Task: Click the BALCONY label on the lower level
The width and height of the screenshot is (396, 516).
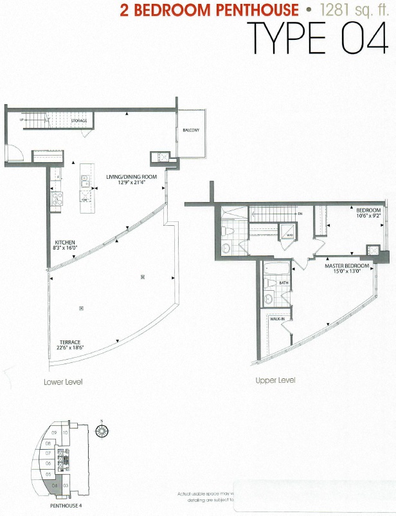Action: (x=190, y=130)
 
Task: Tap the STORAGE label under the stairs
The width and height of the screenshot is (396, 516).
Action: (x=79, y=120)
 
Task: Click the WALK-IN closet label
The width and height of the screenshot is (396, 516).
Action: (x=278, y=318)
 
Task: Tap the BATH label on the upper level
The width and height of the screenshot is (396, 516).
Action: (x=283, y=281)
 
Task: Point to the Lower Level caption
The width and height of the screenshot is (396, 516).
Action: (x=63, y=382)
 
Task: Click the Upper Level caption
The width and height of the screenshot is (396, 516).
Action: (x=275, y=380)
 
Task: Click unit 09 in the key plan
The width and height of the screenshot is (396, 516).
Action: (x=54, y=433)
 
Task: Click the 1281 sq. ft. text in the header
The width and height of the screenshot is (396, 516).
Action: (x=350, y=11)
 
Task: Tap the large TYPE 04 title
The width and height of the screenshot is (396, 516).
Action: (x=317, y=39)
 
